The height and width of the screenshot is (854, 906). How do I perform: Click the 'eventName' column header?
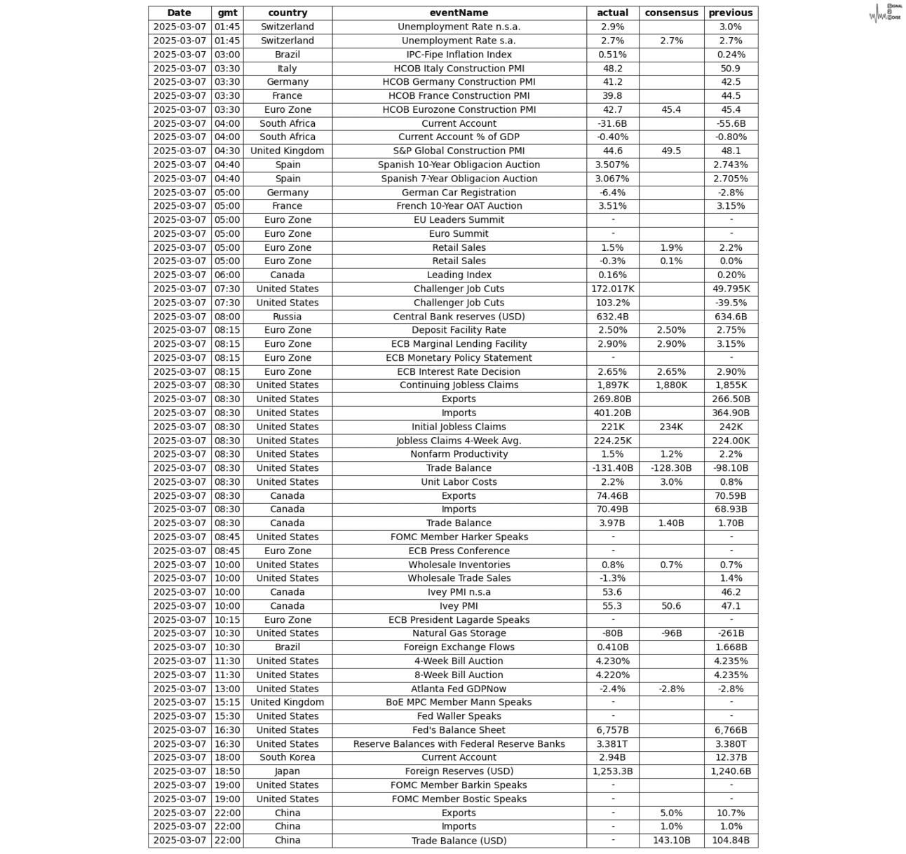coord(459,13)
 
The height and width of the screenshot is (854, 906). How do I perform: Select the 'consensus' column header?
coord(671,13)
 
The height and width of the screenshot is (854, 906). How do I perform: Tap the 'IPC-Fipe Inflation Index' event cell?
coord(459,55)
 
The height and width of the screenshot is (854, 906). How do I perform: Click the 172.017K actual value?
coord(612,289)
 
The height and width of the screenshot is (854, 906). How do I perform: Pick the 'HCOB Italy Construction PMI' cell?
coord(459,69)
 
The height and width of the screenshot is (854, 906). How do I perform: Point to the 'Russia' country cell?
coord(287,317)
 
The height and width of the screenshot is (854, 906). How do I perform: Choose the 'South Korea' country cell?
coord(287,757)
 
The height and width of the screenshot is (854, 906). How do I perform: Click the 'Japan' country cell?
coord(287,771)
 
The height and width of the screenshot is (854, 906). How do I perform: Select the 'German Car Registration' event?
coord(459,193)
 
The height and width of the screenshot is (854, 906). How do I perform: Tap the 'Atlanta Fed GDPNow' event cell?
coord(459,689)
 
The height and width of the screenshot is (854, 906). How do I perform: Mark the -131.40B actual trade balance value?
coord(612,468)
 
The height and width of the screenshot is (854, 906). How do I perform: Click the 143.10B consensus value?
coord(671,840)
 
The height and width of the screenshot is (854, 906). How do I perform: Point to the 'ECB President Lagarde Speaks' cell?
coord(459,620)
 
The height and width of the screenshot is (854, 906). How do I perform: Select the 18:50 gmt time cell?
coord(227,771)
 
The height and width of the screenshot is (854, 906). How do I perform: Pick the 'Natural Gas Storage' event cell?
coord(459,633)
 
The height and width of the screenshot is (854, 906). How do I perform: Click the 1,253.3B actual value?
coord(612,771)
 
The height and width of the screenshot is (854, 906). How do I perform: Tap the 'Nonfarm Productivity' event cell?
coord(459,454)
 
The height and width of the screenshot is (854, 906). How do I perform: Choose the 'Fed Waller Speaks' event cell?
coord(459,716)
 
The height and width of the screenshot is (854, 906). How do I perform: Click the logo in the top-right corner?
coord(885,13)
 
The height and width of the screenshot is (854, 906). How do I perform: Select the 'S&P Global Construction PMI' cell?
coord(459,151)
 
